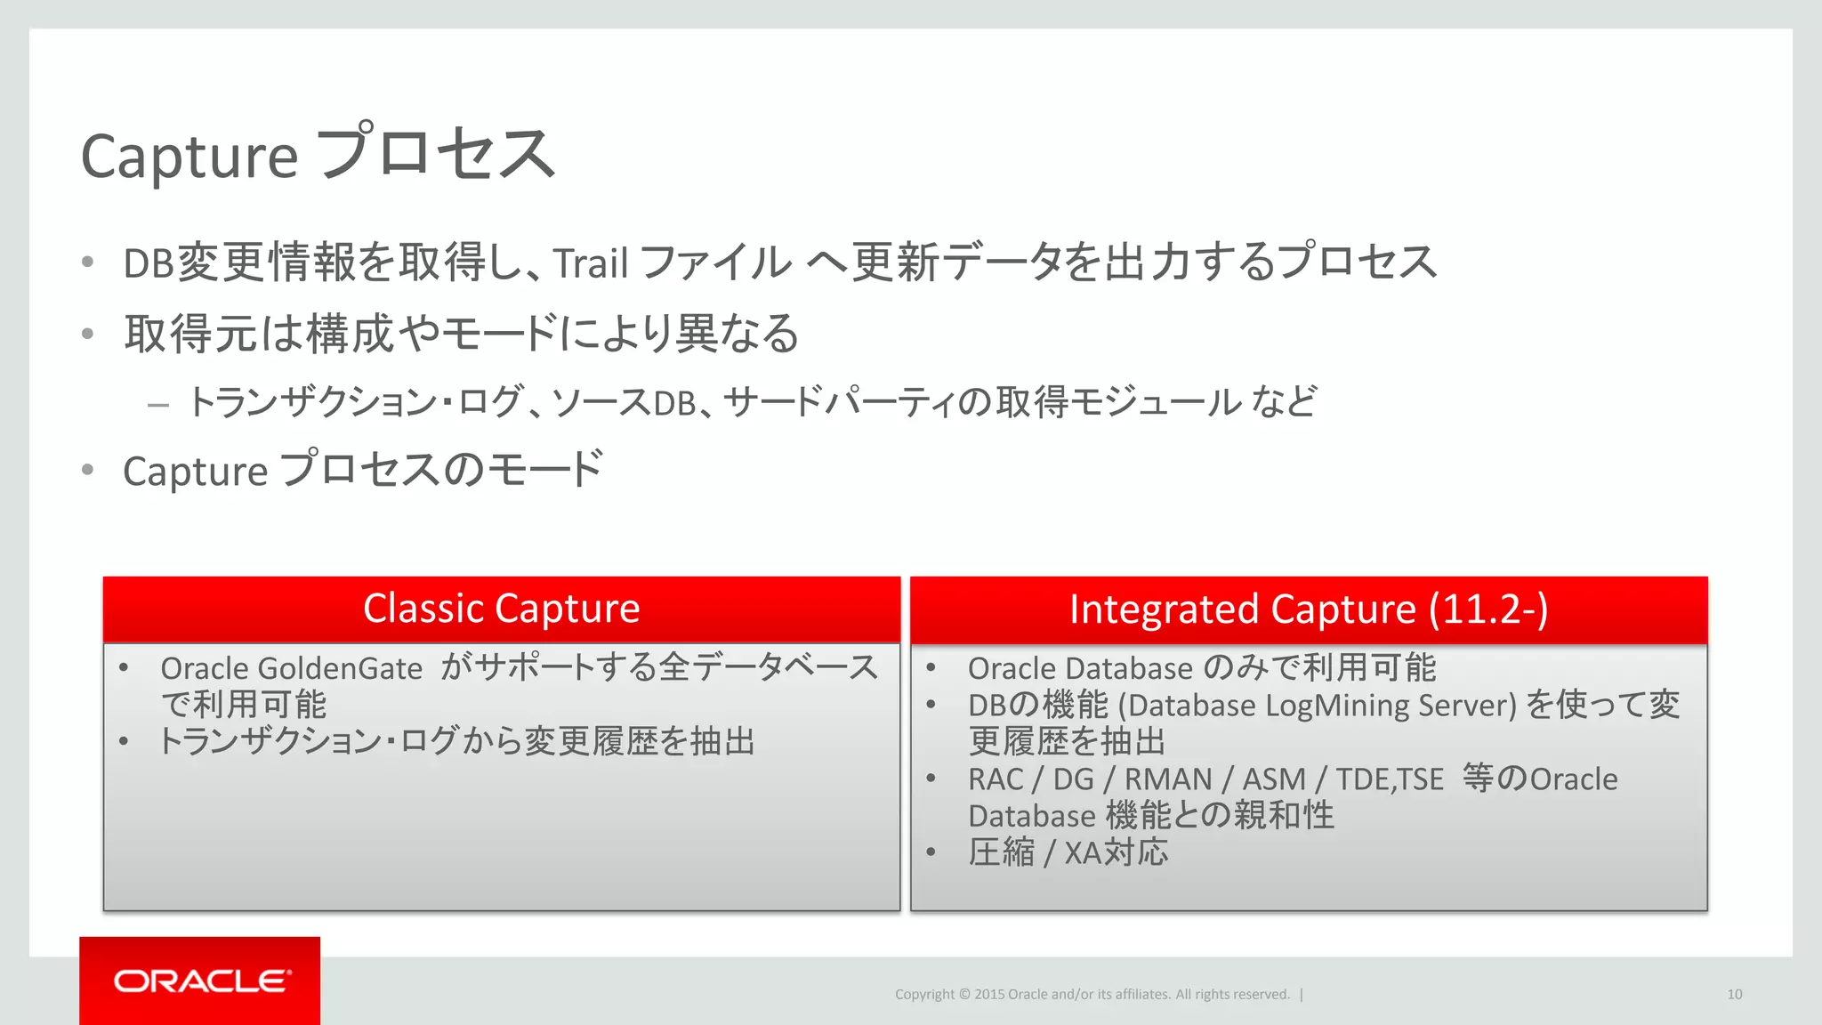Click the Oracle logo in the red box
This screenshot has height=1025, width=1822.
pos(201,981)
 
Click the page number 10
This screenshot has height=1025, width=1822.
pos(1734,995)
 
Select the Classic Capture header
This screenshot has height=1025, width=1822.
pos(501,609)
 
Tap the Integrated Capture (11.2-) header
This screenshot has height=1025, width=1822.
pos(1308,609)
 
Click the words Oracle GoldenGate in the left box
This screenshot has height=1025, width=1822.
pos(291,668)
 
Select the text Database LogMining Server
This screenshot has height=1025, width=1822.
pos(1317,706)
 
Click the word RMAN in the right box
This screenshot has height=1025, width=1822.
pos(1167,779)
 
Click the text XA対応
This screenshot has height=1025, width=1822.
pos(1116,853)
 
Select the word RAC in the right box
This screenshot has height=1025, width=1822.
pos(995,779)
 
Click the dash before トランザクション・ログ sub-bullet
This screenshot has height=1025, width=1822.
pos(158,406)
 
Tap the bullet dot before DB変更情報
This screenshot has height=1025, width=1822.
pos(87,262)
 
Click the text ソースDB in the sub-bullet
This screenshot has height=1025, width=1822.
pos(624,403)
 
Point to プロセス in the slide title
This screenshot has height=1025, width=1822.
pos(435,154)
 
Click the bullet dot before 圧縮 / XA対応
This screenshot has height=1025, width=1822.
pos(931,852)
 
